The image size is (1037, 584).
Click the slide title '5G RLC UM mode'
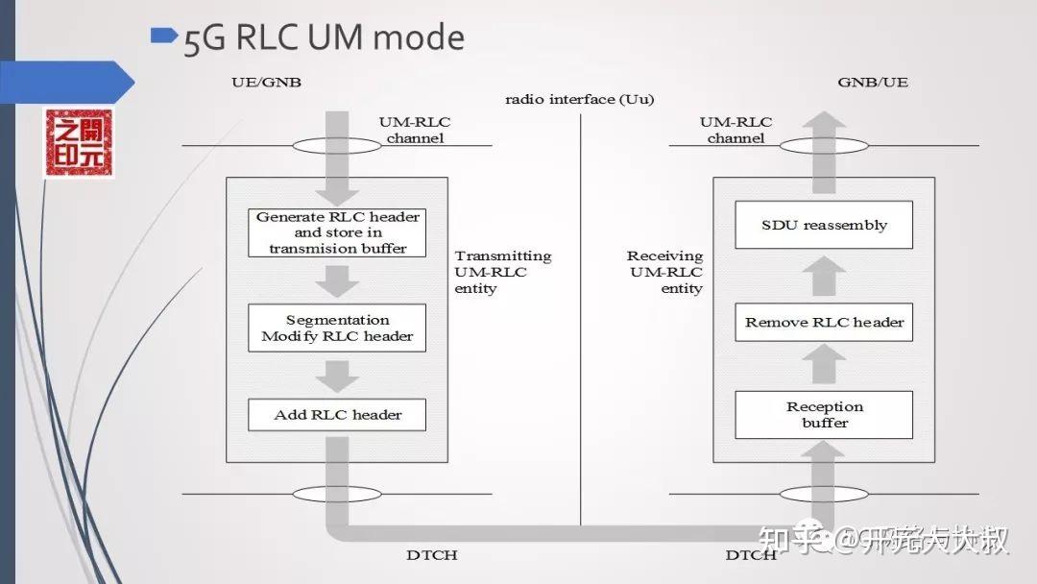click(324, 38)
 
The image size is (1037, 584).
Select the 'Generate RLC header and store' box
click(337, 232)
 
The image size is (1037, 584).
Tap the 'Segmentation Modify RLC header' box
click(337, 328)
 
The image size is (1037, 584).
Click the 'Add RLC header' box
click(337, 415)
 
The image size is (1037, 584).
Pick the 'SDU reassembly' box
click(824, 226)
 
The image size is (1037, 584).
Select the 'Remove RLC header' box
click(824, 322)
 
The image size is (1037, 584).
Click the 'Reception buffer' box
click(824, 415)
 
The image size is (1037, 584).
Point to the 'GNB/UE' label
click(872, 83)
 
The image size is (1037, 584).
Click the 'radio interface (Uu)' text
click(580, 100)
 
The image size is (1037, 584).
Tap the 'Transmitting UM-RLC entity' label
click(502, 272)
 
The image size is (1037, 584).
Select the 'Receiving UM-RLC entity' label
click(665, 272)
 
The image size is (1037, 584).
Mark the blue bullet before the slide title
click(165, 36)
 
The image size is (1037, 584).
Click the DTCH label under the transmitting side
click(431, 555)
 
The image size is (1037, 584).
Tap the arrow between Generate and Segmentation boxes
click(337, 280)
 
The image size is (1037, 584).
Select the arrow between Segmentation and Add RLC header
click(337, 374)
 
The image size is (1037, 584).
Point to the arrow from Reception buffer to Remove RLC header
click(824, 365)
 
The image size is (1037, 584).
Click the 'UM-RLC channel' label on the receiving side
click(736, 130)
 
